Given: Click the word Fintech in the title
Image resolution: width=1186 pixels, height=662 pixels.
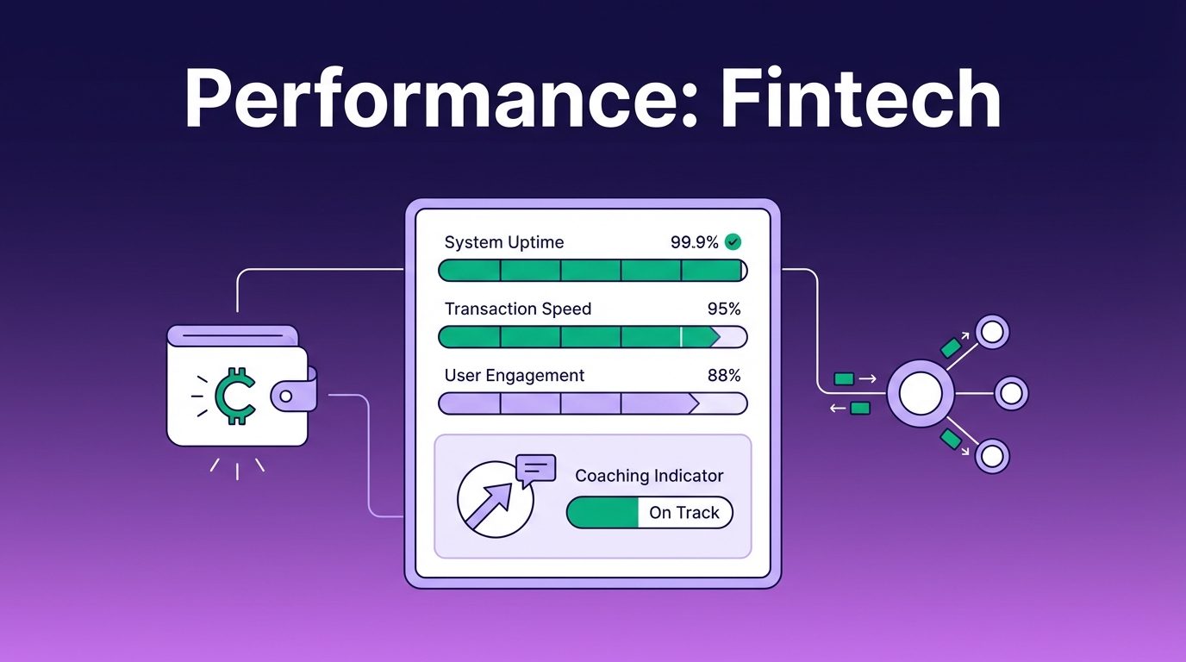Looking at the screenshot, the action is click(x=861, y=98).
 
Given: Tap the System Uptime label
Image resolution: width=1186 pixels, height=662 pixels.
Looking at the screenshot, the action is click(x=504, y=242).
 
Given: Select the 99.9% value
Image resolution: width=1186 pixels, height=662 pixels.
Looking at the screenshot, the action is click(x=694, y=242).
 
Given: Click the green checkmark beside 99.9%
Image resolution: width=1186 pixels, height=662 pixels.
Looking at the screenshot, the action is click(x=733, y=242).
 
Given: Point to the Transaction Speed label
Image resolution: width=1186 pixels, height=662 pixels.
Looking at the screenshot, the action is click(x=518, y=309).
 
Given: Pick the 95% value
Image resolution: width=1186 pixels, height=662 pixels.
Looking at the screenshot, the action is click(x=724, y=309).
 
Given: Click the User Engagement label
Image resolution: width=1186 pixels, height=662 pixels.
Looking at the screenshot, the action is click(x=514, y=376).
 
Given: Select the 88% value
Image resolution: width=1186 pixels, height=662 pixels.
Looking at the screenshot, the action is click(x=724, y=376).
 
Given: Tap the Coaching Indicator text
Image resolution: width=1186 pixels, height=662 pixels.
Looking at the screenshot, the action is click(x=649, y=476).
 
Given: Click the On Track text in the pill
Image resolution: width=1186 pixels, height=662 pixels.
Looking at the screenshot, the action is click(x=684, y=513).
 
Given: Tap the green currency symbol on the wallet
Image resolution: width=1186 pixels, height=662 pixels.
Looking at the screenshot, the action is click(x=235, y=396).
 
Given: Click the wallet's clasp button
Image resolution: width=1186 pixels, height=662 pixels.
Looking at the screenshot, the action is click(x=286, y=397).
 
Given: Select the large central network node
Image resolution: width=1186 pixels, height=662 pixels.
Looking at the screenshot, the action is click(x=921, y=393).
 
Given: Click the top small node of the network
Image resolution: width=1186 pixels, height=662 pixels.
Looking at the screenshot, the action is click(x=992, y=332).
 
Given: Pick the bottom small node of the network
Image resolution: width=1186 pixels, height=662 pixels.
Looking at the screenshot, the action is click(x=992, y=456).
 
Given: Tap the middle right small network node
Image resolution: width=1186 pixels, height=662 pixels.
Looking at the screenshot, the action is click(x=1011, y=393).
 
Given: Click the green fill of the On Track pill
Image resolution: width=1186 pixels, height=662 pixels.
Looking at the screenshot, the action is click(x=602, y=513).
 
